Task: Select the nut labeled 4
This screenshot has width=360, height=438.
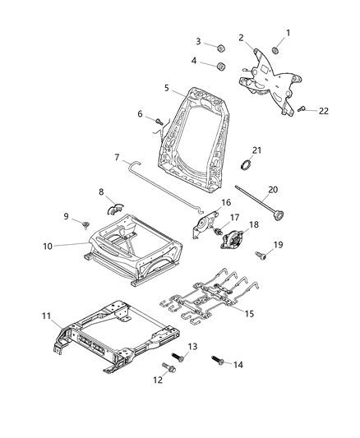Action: tap(221, 65)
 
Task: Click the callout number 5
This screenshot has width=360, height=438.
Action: tap(167, 87)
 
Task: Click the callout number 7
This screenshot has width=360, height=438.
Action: tap(117, 157)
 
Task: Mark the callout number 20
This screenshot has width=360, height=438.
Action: tap(274, 188)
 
